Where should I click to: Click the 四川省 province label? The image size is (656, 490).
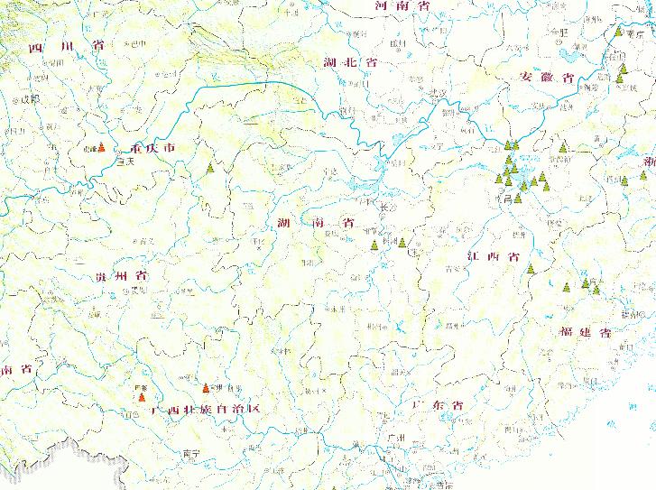[67, 48]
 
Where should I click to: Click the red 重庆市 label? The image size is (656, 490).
[152, 149]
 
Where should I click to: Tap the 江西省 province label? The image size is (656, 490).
[494, 257]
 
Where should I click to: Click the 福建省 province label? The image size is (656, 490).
[585, 333]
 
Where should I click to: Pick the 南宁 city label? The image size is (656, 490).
[189, 453]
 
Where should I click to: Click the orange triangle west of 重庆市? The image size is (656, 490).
[101, 149]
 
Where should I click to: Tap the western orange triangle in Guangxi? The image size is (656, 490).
[140, 395]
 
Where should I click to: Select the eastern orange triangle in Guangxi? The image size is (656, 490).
[205, 389]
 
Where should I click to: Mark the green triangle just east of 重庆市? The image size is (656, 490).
[210, 168]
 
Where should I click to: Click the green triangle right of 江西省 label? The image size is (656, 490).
[531, 271]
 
